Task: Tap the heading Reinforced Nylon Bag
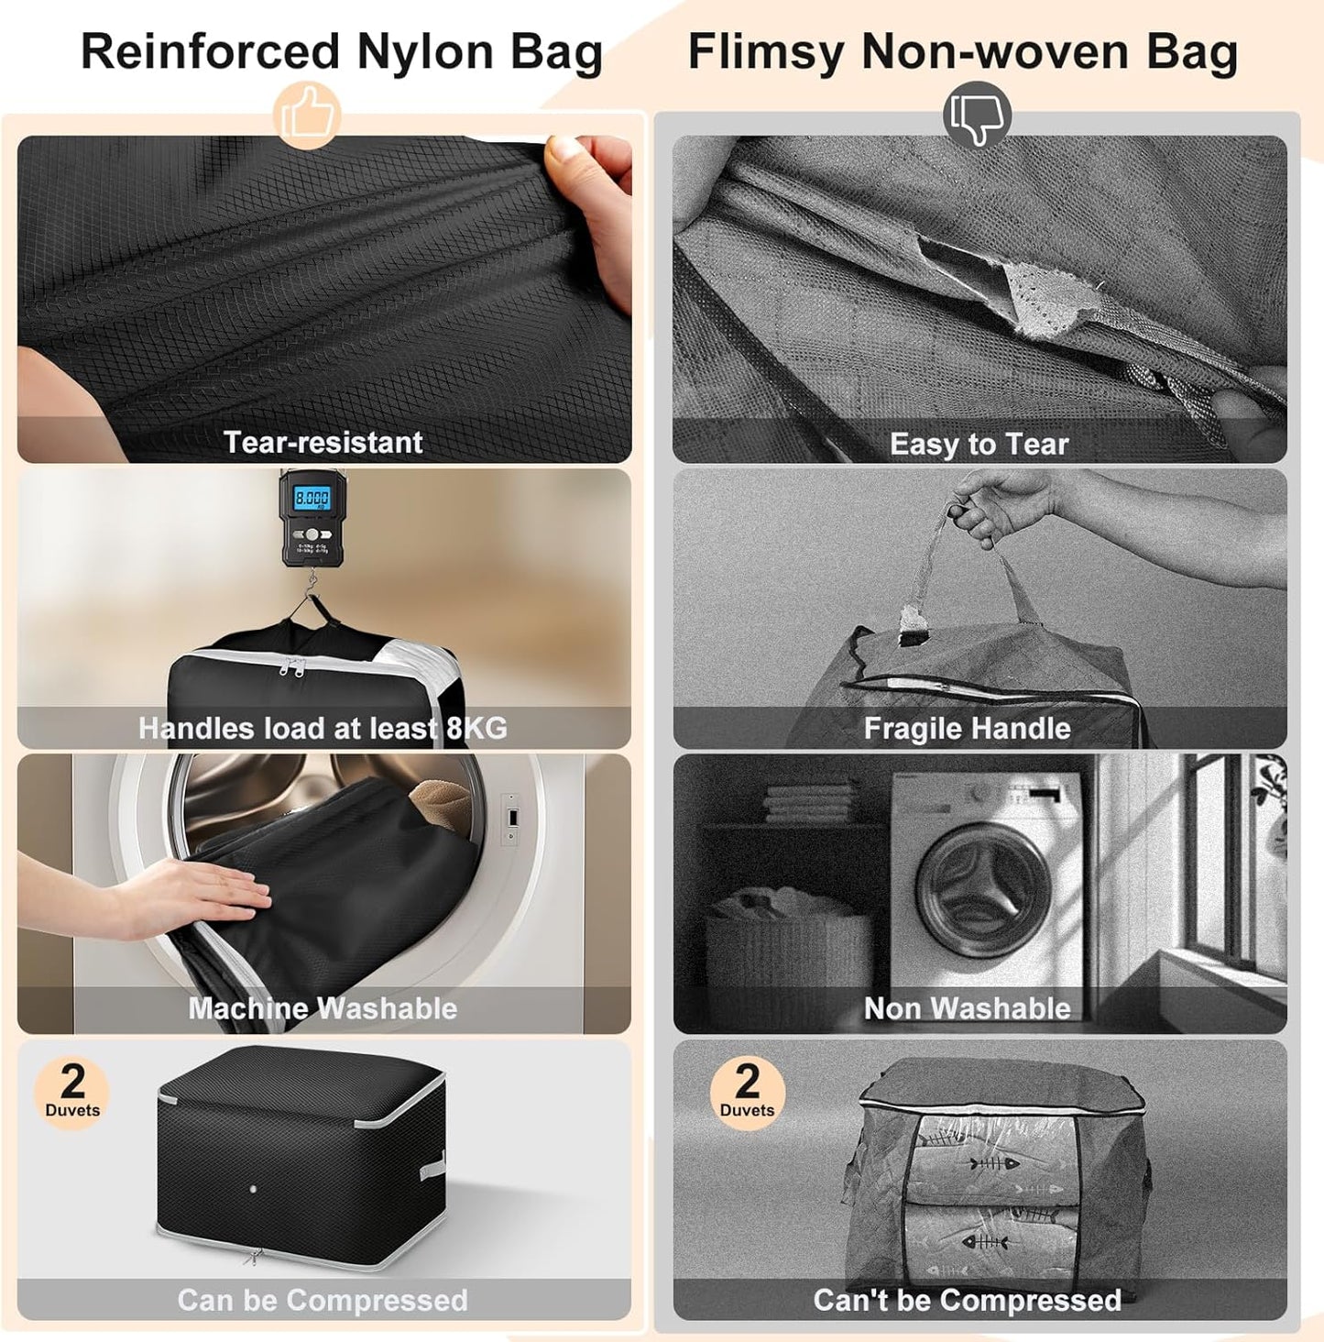342,51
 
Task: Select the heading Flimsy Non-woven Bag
962,51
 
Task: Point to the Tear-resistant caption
323,442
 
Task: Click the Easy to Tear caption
979,445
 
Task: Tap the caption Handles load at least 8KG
323,728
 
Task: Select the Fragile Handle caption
967,729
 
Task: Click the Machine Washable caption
323,1008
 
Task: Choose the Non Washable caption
967,1008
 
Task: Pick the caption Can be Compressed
323,1300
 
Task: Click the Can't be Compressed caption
967,1300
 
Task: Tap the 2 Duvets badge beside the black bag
72,1092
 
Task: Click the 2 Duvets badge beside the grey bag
747,1092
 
